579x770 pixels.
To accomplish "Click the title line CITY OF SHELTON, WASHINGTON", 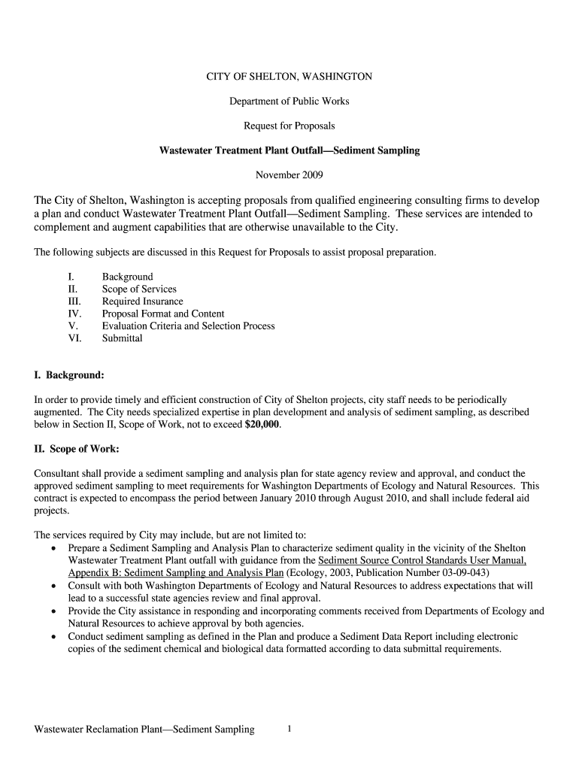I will [x=289, y=77].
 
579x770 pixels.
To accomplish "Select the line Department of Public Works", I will [x=289, y=101].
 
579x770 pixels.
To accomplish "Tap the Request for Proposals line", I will [x=289, y=126].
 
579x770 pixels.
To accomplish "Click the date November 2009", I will [x=289, y=175].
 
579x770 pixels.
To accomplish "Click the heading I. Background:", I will [x=69, y=374].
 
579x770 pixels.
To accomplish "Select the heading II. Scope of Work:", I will [x=77, y=449].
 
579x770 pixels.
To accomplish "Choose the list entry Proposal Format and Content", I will [x=163, y=314].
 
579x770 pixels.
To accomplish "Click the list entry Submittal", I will [x=123, y=338].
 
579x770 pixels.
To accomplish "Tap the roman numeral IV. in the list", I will [x=74, y=314].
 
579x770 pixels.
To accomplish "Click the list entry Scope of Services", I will [x=139, y=290].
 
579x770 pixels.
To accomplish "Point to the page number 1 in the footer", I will [x=289, y=729].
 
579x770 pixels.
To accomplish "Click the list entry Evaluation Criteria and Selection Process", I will [x=189, y=326].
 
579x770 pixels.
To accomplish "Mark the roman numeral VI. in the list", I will [x=74, y=338].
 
